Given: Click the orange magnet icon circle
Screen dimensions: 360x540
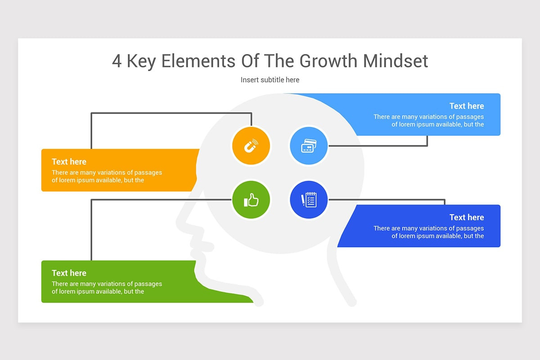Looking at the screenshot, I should [x=251, y=146].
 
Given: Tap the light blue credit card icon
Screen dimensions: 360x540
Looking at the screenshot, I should [x=308, y=146].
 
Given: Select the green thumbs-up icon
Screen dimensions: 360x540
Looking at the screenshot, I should [x=251, y=200].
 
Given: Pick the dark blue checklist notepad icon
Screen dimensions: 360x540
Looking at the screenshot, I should [x=308, y=200].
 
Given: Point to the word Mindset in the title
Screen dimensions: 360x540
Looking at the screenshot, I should [x=396, y=61].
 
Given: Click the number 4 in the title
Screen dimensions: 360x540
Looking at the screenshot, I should [x=117, y=61].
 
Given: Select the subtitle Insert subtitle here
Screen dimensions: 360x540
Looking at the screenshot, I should [x=270, y=80].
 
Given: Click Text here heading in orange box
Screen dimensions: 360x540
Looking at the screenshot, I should [x=69, y=162].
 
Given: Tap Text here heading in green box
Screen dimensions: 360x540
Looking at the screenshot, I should [x=69, y=273].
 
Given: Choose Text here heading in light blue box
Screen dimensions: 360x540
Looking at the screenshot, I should [x=467, y=106].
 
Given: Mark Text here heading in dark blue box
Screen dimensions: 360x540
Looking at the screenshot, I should [x=467, y=217].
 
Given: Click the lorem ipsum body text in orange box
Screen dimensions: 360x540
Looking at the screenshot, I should [x=107, y=176].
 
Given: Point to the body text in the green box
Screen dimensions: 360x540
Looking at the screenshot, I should [x=107, y=288].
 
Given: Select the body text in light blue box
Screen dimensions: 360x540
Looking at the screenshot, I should [x=429, y=121].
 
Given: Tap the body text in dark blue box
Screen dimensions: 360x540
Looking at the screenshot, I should [x=429, y=232].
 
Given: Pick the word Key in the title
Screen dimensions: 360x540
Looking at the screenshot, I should [x=141, y=61].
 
